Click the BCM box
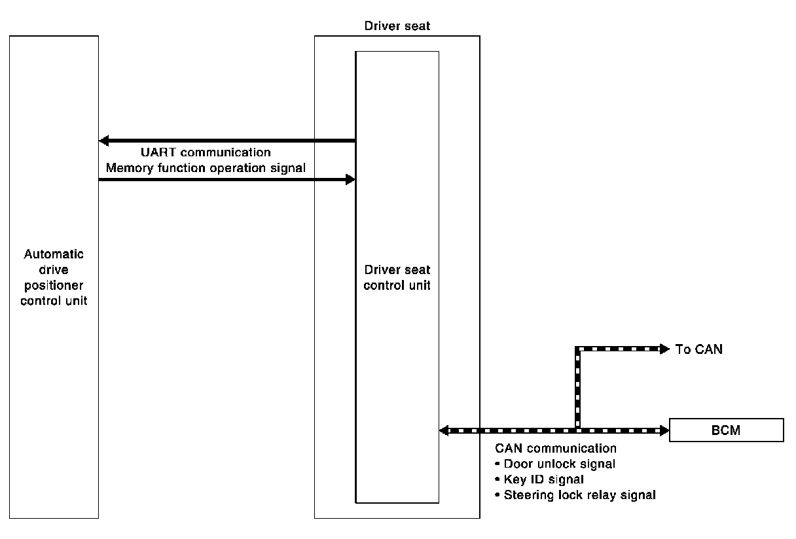(x=727, y=430)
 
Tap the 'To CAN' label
(x=699, y=349)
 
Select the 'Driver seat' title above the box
(x=397, y=26)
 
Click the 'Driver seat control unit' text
(x=397, y=277)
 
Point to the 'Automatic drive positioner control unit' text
(x=54, y=277)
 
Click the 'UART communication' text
(x=206, y=153)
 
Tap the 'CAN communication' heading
(x=556, y=449)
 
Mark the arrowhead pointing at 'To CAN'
(x=664, y=349)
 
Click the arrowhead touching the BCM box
(x=664, y=430)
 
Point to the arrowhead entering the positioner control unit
(x=103, y=141)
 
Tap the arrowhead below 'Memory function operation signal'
(x=350, y=179)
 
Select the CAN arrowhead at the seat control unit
(x=444, y=430)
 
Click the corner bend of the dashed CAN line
(x=577, y=349)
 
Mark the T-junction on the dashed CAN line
(x=577, y=430)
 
